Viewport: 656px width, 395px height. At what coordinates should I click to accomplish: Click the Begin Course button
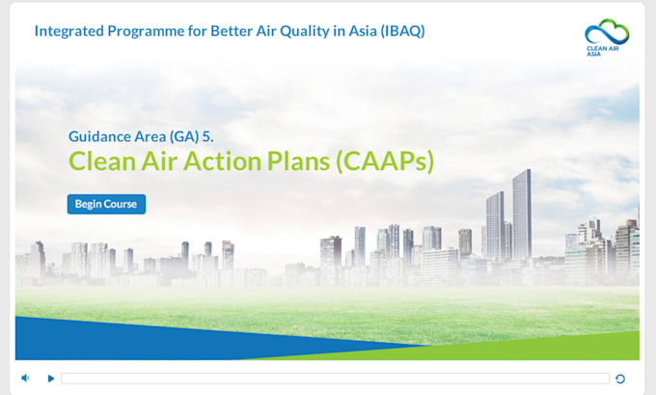click(106, 204)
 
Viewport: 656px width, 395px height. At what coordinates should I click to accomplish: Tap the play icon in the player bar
click(50, 379)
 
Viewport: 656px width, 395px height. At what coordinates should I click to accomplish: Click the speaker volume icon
click(25, 379)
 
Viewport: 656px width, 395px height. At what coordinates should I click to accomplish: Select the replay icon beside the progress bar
click(620, 379)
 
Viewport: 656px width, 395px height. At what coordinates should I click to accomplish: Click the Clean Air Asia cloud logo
click(607, 37)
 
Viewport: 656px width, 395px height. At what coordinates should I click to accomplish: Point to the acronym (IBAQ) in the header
click(403, 31)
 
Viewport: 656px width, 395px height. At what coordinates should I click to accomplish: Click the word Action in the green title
click(222, 161)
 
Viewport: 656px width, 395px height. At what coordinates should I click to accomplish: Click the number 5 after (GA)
click(208, 136)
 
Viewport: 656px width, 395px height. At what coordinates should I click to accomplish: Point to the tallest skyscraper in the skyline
click(522, 213)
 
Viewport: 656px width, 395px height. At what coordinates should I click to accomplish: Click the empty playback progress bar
click(335, 379)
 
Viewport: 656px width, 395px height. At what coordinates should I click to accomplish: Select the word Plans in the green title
click(299, 161)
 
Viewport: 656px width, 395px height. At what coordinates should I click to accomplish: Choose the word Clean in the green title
click(102, 161)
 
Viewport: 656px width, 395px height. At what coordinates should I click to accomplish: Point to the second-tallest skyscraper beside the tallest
click(495, 226)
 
